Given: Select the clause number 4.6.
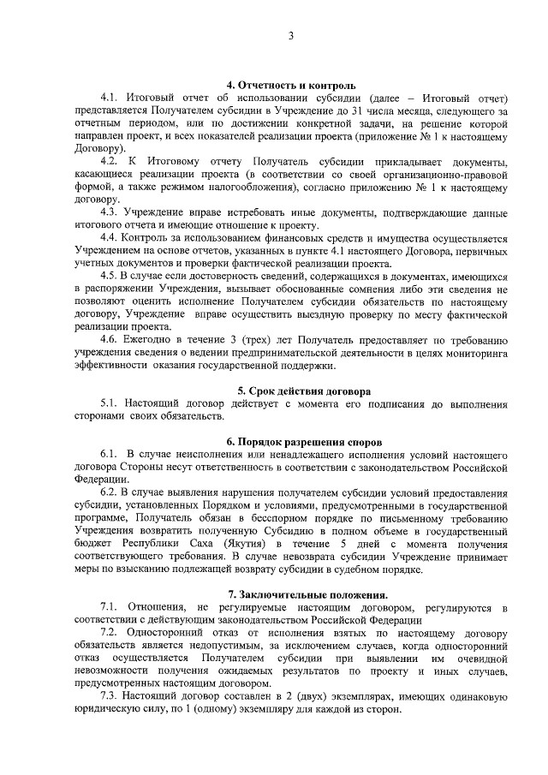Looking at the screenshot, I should click(110, 339).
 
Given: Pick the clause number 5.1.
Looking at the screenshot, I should click(110, 403).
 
